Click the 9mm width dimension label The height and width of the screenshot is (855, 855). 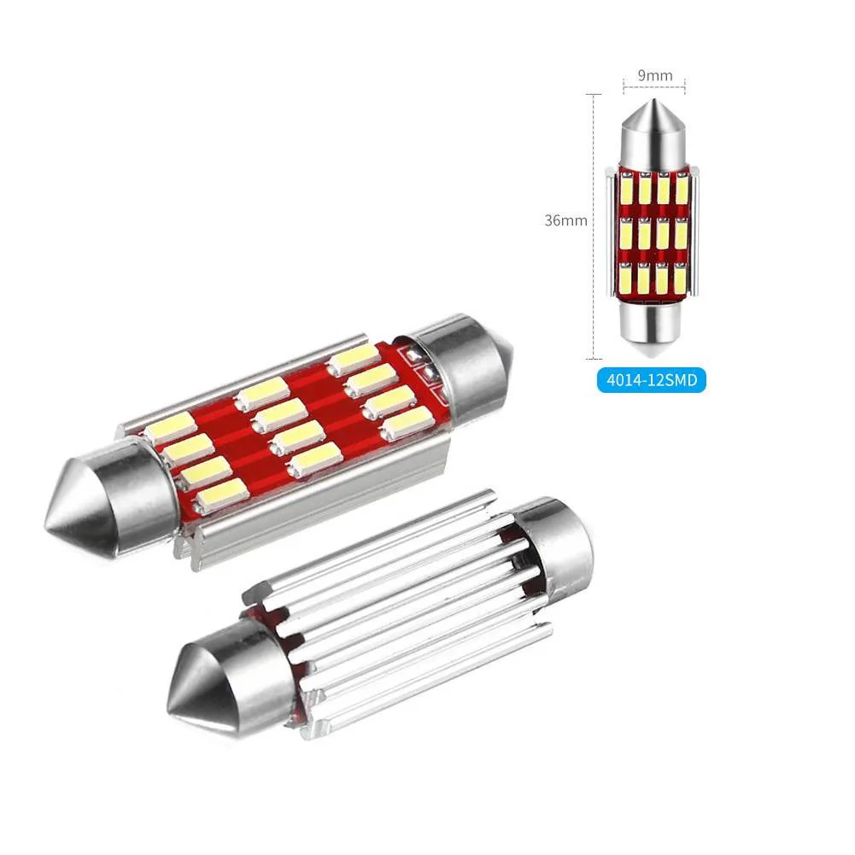(x=654, y=75)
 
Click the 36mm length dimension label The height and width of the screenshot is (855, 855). (x=565, y=220)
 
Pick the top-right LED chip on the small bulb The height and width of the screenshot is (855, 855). (x=681, y=188)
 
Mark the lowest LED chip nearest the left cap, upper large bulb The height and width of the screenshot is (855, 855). (x=222, y=493)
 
